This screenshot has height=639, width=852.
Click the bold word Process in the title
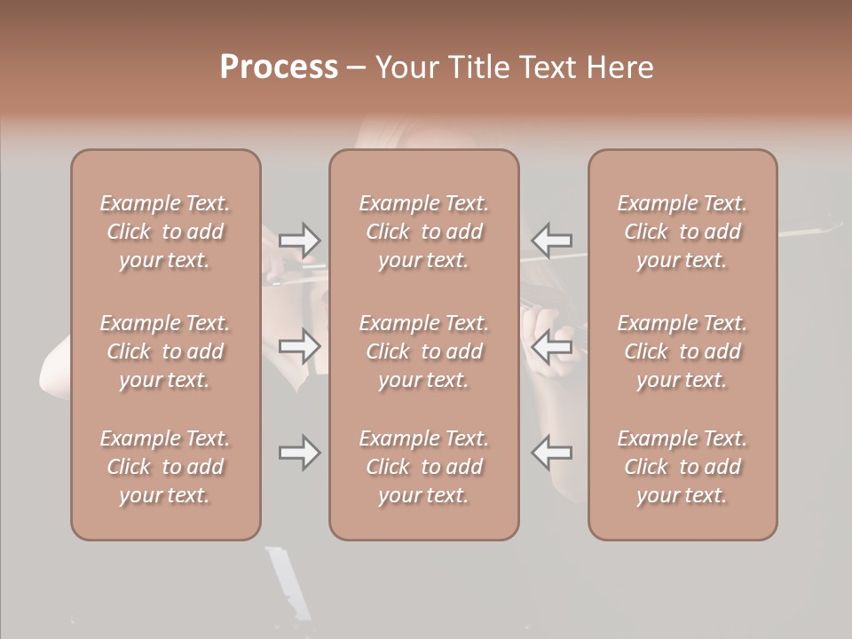coord(279,67)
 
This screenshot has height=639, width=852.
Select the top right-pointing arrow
coord(299,240)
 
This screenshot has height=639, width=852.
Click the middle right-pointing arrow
coord(299,346)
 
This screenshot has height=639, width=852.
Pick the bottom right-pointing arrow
coord(299,453)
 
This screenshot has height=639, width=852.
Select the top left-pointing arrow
coord(551,240)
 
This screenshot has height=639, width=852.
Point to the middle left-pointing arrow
coord(551,346)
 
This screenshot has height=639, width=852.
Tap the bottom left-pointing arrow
coord(551,453)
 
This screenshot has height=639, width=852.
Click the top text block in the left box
coord(165,232)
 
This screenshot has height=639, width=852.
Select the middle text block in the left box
coord(165,351)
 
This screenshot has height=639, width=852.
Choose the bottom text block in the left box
coord(165,467)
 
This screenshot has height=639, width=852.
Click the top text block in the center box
coord(424,232)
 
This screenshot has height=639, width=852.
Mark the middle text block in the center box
coord(424,351)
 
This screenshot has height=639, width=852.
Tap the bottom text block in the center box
coord(424,467)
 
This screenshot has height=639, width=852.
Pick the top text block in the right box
coord(682,232)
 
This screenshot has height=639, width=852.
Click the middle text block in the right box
coord(682,351)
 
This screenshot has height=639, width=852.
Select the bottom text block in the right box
coord(682,467)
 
